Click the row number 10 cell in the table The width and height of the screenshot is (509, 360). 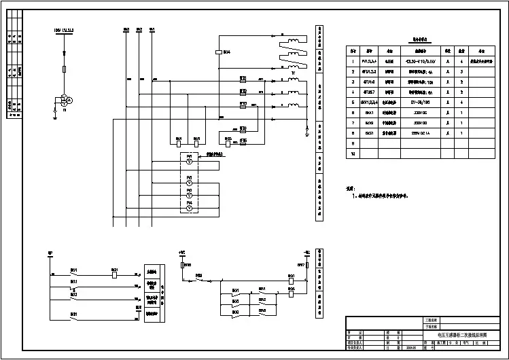tap(353, 154)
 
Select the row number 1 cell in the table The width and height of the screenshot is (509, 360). tap(353, 61)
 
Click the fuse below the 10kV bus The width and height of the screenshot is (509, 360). tap(65, 69)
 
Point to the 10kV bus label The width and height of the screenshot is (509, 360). tap(63, 30)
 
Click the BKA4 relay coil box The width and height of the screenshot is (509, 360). tap(217, 52)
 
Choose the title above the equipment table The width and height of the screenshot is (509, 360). tap(415, 41)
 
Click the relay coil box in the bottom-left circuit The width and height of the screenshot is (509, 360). tap(115, 270)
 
